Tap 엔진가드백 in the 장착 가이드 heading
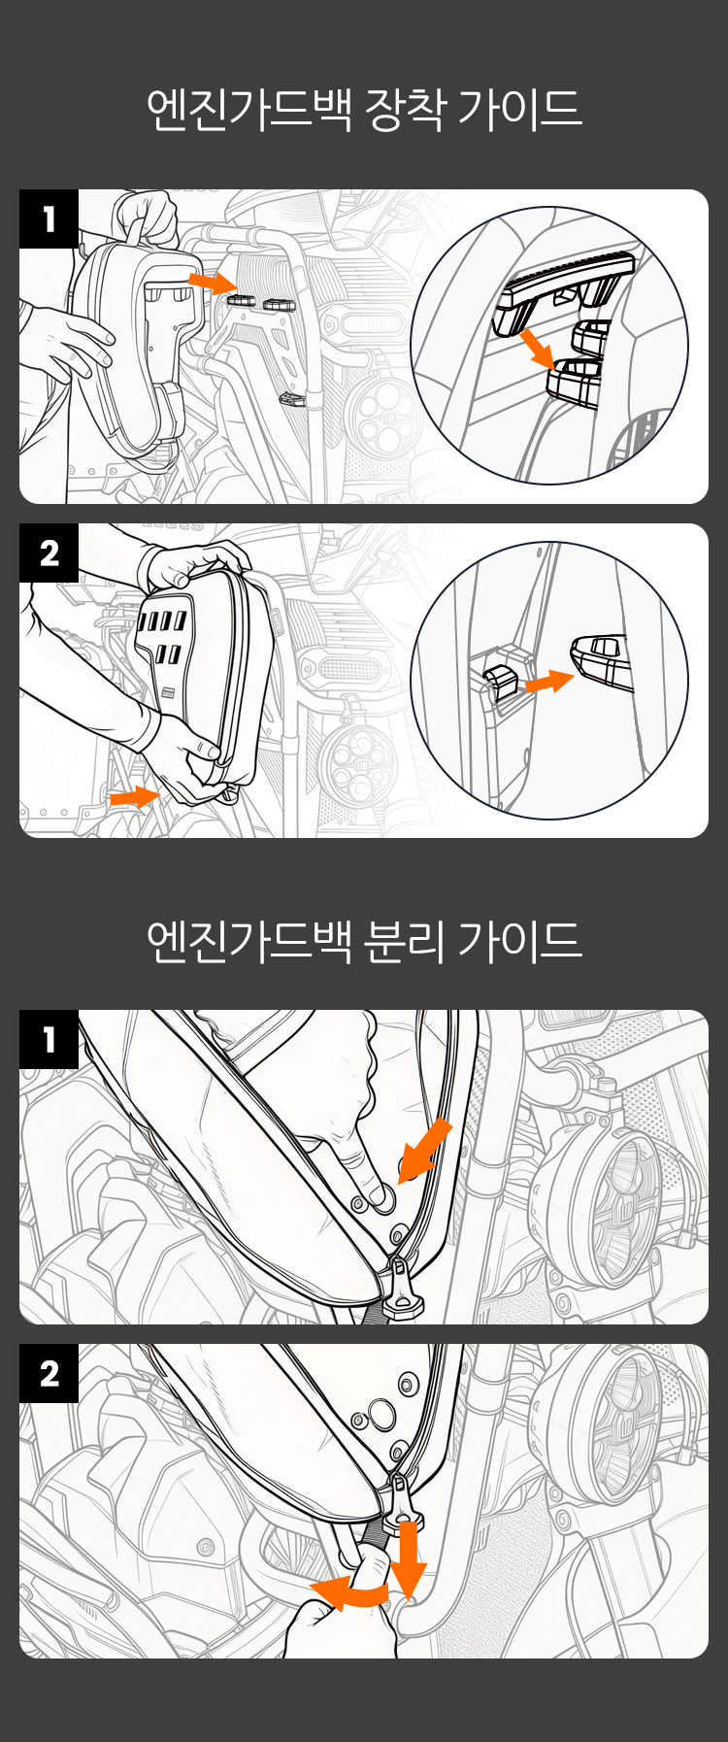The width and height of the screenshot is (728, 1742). click(x=248, y=109)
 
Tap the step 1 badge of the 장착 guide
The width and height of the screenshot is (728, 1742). click(x=49, y=219)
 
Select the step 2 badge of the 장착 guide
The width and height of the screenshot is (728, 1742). click(x=49, y=553)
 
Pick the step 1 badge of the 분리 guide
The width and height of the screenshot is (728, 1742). click(x=49, y=1040)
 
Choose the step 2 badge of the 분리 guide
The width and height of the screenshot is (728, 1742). click(x=49, y=1374)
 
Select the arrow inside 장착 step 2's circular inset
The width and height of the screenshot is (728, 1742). click(x=549, y=682)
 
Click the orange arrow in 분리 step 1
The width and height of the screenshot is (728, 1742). click(x=425, y=1150)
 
